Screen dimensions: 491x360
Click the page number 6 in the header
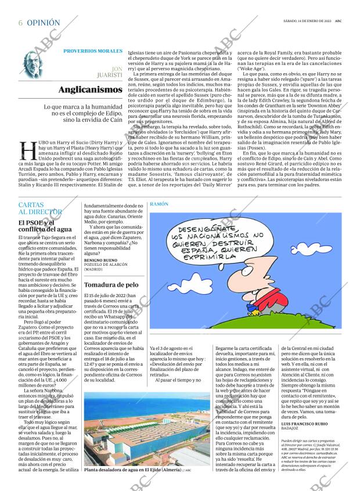(21, 23)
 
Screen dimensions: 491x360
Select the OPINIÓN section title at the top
(43, 23)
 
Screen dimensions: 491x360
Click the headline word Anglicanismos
(91, 90)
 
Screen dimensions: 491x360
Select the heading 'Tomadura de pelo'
(111, 285)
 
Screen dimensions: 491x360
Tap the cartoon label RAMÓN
(159, 205)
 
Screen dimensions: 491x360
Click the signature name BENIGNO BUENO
(100, 260)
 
